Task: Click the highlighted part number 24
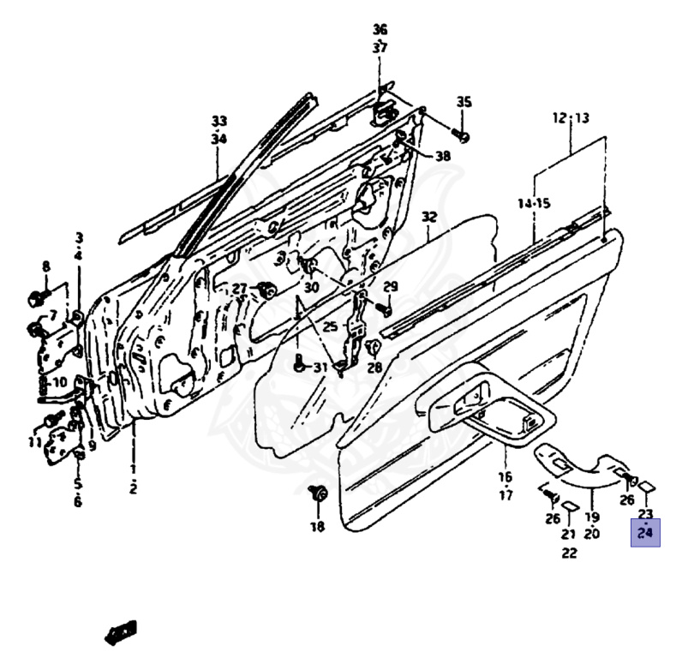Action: coord(645,533)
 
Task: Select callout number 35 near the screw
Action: coord(464,103)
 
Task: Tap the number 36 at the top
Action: coord(380,30)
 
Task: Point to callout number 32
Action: coord(429,218)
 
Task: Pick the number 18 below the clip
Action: coord(318,527)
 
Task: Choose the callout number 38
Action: coord(442,156)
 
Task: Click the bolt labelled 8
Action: coord(34,297)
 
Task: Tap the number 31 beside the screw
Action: coord(320,368)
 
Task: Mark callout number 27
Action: coord(239,288)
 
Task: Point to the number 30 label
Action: coord(310,287)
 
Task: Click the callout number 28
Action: coord(374,368)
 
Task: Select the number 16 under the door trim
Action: coord(505,477)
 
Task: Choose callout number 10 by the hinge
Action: coord(59,382)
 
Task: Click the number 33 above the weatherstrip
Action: coord(219,120)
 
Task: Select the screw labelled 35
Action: coord(463,135)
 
